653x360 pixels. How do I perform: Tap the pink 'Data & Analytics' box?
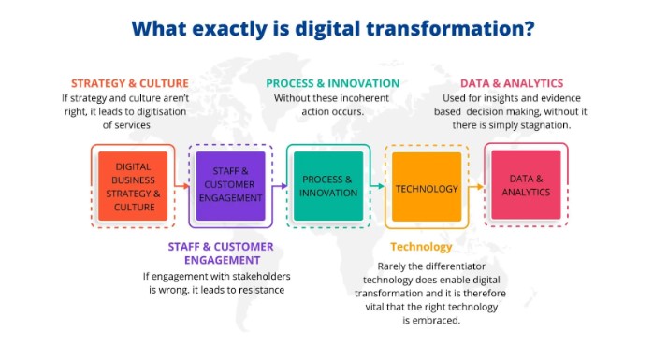click(x=524, y=185)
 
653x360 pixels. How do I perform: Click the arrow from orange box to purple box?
click(x=181, y=185)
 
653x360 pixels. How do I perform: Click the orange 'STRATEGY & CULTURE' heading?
click(x=129, y=82)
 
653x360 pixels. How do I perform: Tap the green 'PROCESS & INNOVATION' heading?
click(x=333, y=82)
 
